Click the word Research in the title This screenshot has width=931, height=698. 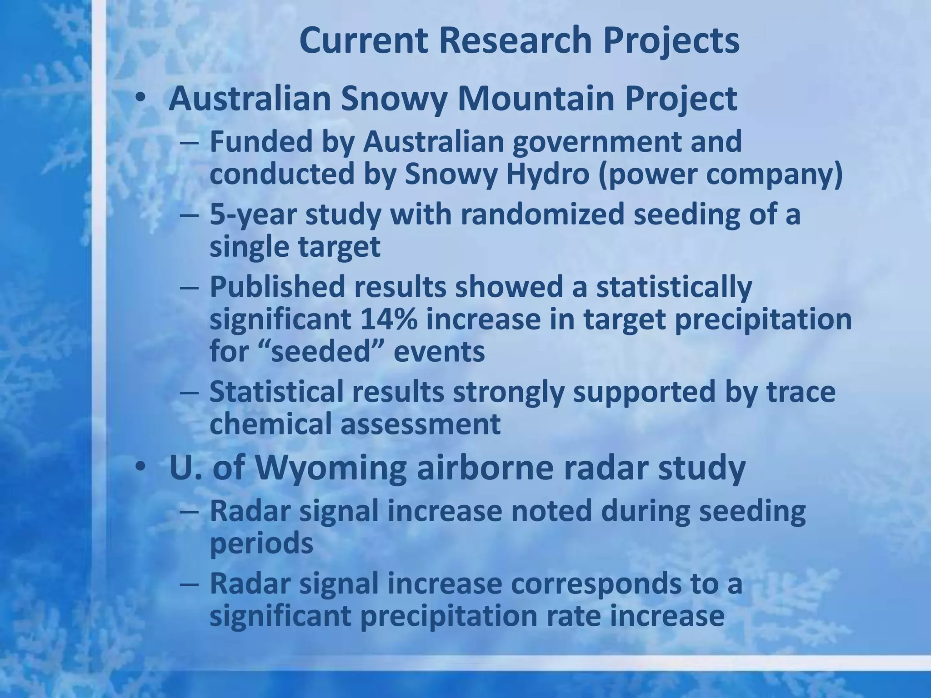click(516, 40)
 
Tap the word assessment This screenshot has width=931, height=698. click(420, 424)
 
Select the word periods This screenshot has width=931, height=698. click(261, 543)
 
